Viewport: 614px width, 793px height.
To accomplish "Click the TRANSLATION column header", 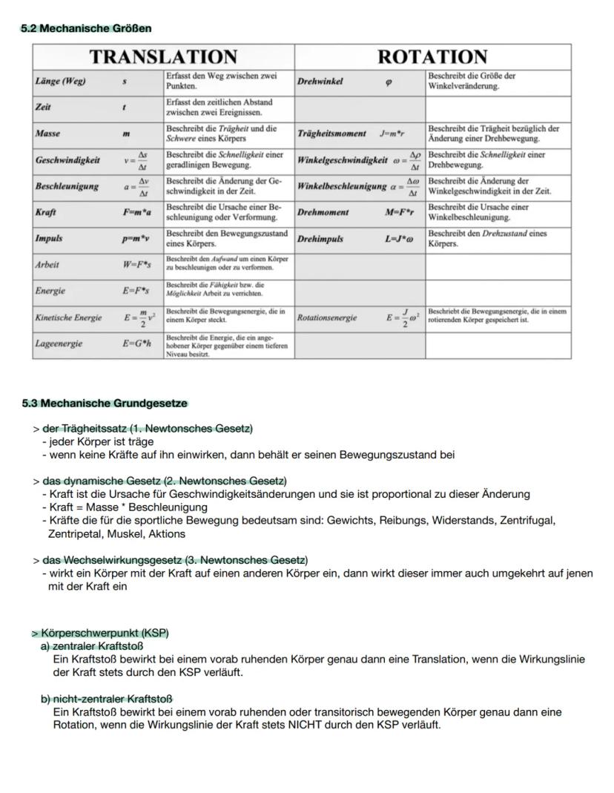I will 163,57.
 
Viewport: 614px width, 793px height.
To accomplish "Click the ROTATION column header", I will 432,57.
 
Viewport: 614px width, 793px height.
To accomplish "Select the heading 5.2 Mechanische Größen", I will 85,28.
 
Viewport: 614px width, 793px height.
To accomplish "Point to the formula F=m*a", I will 137,213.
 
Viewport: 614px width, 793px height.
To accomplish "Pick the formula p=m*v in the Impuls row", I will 137,239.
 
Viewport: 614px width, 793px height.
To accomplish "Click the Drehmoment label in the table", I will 323,213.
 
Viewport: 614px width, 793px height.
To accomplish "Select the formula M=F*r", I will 400,213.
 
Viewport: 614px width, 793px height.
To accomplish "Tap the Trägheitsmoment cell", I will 331,134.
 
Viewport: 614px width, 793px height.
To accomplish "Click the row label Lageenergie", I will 59,344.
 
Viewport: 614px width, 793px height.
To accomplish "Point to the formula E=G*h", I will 137,344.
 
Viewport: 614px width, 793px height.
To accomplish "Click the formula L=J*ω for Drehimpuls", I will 400,239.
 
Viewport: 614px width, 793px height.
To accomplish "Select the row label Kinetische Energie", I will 68,317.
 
